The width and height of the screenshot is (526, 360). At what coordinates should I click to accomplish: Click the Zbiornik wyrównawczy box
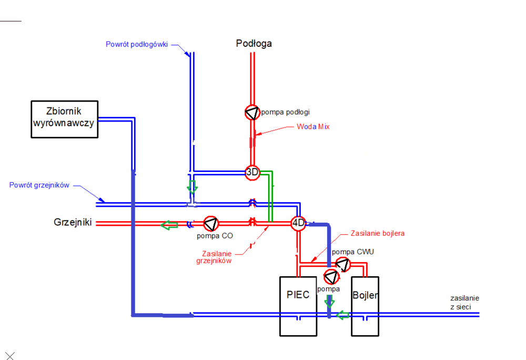(x=64, y=119)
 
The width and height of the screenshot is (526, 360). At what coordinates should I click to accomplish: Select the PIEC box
(x=298, y=306)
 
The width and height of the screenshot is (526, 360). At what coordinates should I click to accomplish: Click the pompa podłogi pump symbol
(x=252, y=112)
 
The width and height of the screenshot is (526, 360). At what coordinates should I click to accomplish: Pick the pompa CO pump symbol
(x=210, y=224)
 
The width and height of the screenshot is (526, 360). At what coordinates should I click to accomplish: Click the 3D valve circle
(x=253, y=173)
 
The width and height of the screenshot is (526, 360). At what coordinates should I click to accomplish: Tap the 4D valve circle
(x=298, y=223)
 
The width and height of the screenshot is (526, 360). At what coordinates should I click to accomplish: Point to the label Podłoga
(x=254, y=44)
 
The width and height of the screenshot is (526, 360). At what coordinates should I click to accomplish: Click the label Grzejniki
(x=73, y=223)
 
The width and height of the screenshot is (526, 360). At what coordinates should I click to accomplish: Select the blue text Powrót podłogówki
(x=137, y=45)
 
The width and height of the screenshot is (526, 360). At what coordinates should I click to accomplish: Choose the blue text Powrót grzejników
(x=39, y=185)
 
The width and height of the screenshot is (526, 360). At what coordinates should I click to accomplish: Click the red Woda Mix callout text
(x=313, y=127)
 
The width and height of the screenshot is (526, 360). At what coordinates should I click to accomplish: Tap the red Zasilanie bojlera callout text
(x=377, y=233)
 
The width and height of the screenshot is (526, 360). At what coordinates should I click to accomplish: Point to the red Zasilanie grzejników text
(x=217, y=257)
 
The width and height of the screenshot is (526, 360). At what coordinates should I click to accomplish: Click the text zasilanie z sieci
(x=464, y=302)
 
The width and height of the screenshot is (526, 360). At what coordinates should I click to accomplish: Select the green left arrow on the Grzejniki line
(x=169, y=225)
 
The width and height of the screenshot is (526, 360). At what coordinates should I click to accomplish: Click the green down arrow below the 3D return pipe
(x=193, y=186)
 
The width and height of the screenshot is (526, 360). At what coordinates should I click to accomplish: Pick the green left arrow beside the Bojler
(x=343, y=315)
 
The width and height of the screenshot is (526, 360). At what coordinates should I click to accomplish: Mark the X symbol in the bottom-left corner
(x=9, y=356)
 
